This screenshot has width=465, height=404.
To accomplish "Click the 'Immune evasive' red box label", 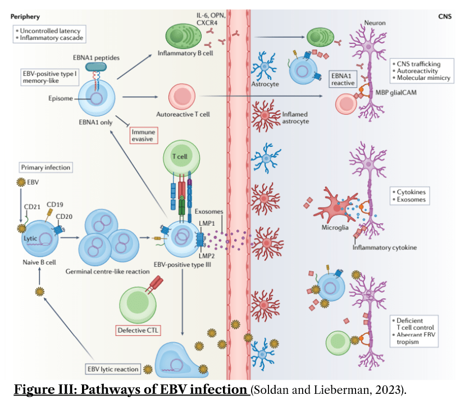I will click(142, 134).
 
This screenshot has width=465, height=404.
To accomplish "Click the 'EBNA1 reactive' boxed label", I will click(343, 79).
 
